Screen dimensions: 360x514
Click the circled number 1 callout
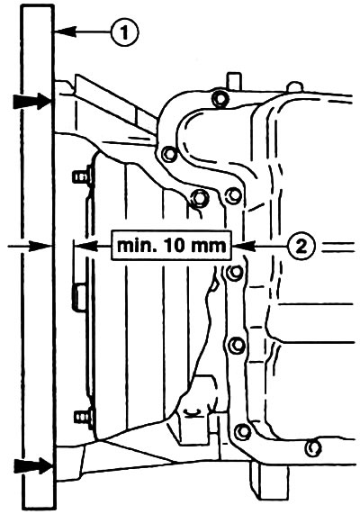click(x=124, y=32)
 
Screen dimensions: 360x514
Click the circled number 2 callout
click(x=301, y=246)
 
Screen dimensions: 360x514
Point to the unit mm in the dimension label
click(x=208, y=247)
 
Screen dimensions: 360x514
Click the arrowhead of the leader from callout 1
click(x=65, y=32)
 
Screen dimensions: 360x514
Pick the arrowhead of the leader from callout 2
click(x=244, y=246)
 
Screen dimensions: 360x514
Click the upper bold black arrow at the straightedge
click(x=31, y=101)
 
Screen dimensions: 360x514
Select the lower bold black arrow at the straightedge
click(x=32, y=465)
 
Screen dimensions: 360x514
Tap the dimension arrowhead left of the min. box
click(x=85, y=246)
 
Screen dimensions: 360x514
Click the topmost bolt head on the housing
click(x=220, y=97)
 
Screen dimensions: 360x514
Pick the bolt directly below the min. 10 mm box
click(x=235, y=273)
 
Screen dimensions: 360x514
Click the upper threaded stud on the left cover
click(x=82, y=177)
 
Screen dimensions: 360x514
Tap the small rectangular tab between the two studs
click(x=79, y=298)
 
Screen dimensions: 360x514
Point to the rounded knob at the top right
click(x=295, y=87)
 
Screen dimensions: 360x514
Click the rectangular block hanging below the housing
click(x=269, y=481)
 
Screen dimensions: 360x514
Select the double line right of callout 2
click(x=338, y=247)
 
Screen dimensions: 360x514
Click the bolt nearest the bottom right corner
click(x=313, y=447)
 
